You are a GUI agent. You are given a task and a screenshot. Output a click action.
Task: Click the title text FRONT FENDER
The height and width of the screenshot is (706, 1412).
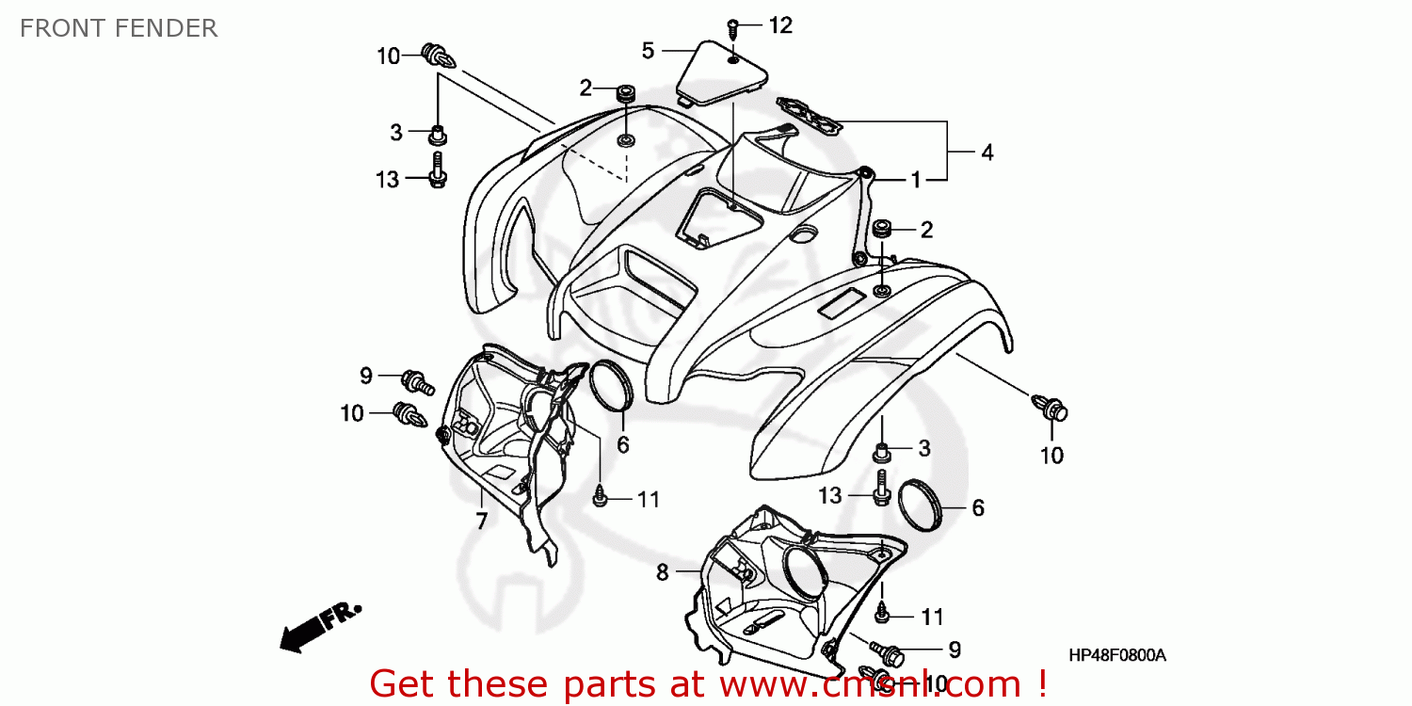coord(119,28)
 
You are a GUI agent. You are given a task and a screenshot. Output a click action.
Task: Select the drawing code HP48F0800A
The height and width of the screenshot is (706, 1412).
coord(1116,655)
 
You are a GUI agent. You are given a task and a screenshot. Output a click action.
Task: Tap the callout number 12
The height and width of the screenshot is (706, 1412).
coord(780,25)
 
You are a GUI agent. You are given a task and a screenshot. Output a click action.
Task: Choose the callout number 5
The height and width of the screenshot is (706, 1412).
coord(648,50)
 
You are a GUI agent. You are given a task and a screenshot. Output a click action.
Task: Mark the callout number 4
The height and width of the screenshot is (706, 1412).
coord(987,152)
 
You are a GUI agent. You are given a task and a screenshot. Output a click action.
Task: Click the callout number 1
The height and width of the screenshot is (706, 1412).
coord(914,179)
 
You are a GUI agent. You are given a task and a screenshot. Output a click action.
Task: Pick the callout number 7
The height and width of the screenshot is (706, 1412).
coord(481,521)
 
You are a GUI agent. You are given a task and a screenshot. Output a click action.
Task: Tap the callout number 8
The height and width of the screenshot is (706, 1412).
coord(663,571)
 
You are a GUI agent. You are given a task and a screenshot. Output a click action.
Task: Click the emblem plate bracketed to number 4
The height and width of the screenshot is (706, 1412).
coord(809,115)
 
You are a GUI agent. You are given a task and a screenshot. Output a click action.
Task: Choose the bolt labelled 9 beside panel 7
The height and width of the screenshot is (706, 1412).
coord(417,381)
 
